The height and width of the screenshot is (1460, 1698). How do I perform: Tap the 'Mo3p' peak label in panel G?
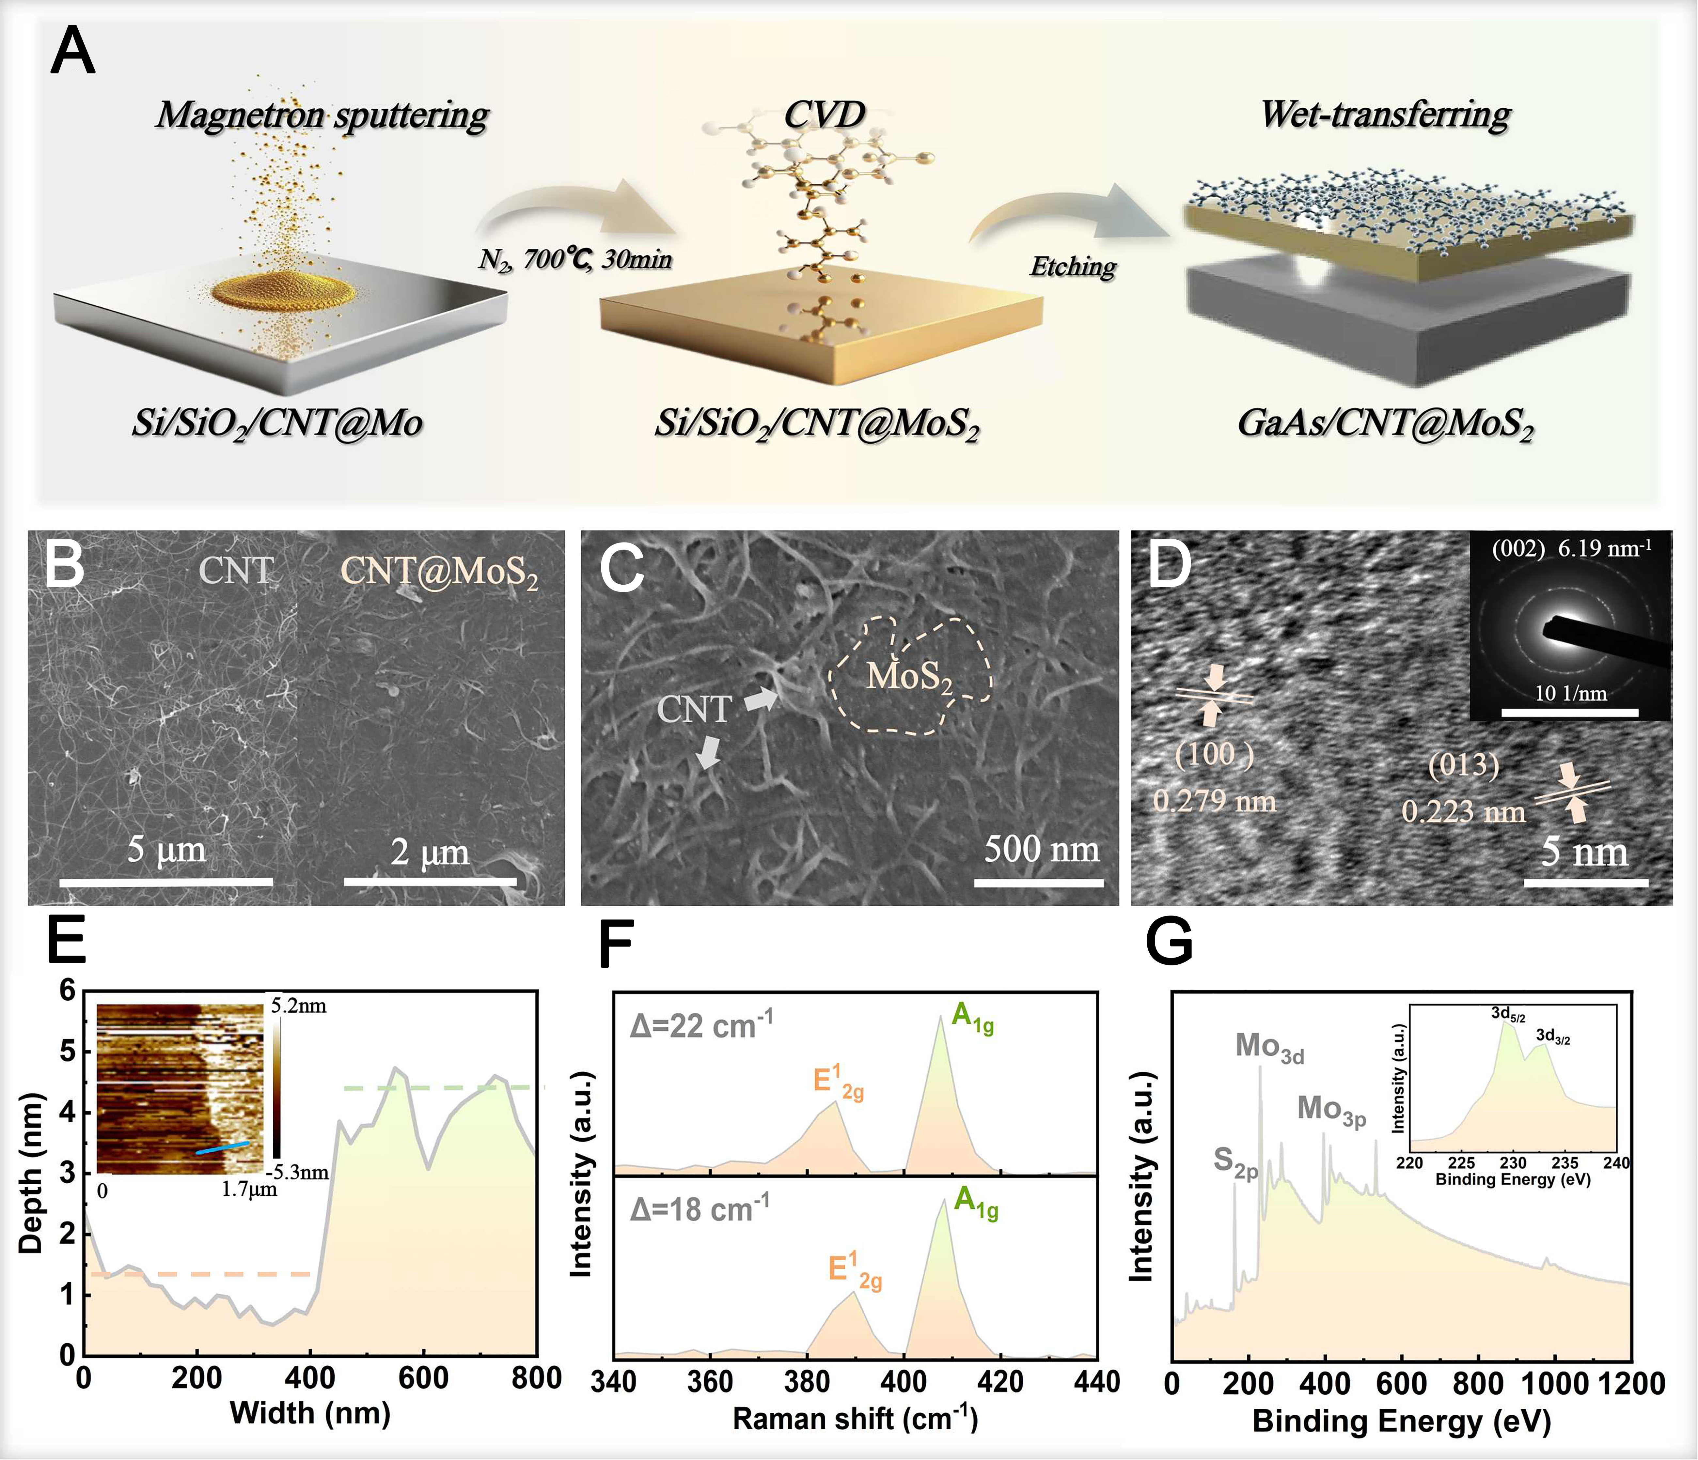click(1331, 1110)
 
